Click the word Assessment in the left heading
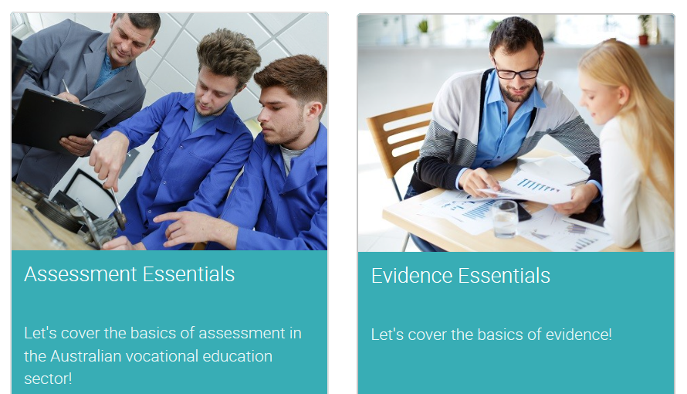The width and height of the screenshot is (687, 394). tap(80, 274)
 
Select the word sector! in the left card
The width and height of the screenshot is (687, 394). tap(48, 379)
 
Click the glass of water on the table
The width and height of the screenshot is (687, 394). tap(505, 219)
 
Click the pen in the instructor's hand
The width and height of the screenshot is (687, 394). tap(66, 87)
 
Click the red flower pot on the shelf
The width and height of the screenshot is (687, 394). tap(643, 39)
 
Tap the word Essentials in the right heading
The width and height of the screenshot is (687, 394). tap(504, 276)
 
